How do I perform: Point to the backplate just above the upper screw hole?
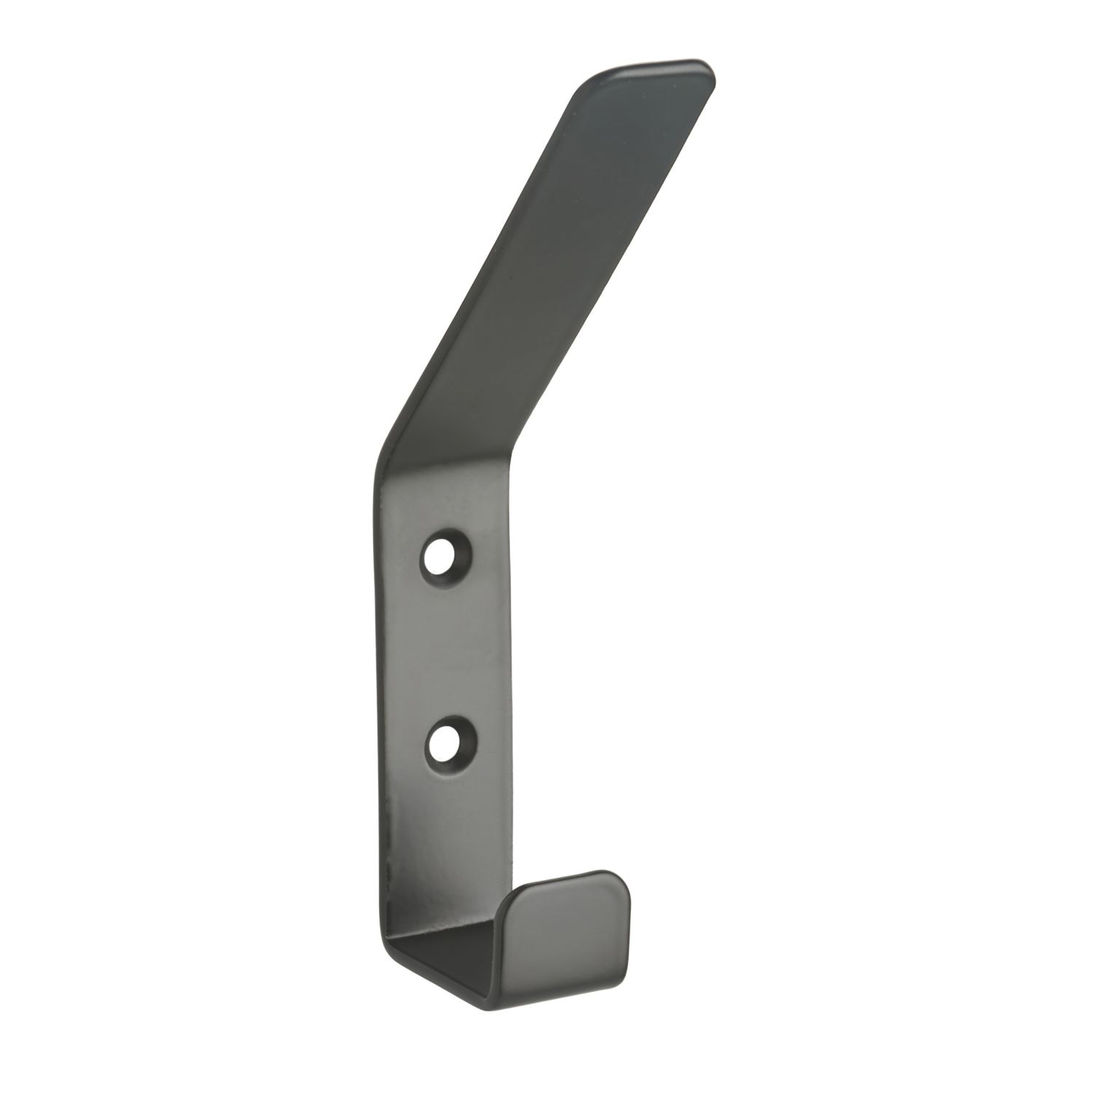[441, 510]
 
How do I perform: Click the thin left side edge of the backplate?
[380, 656]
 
